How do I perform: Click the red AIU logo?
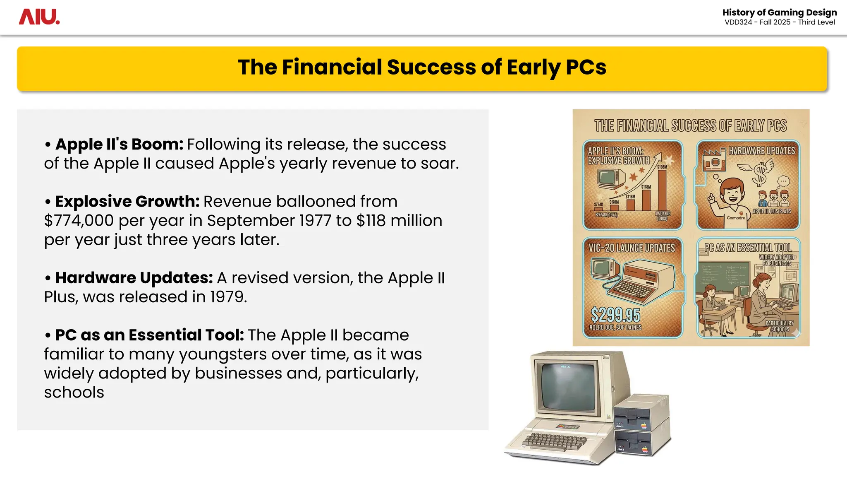click(x=39, y=17)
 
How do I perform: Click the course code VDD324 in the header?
click(x=738, y=22)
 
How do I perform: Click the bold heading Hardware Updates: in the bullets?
click(x=134, y=278)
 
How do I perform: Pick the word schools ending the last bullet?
click(x=74, y=392)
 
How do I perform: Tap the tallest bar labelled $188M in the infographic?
click(x=662, y=190)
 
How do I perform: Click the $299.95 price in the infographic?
click(x=615, y=315)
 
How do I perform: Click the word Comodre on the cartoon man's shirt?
click(x=736, y=218)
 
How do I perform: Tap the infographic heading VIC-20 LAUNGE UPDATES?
click(x=632, y=248)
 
